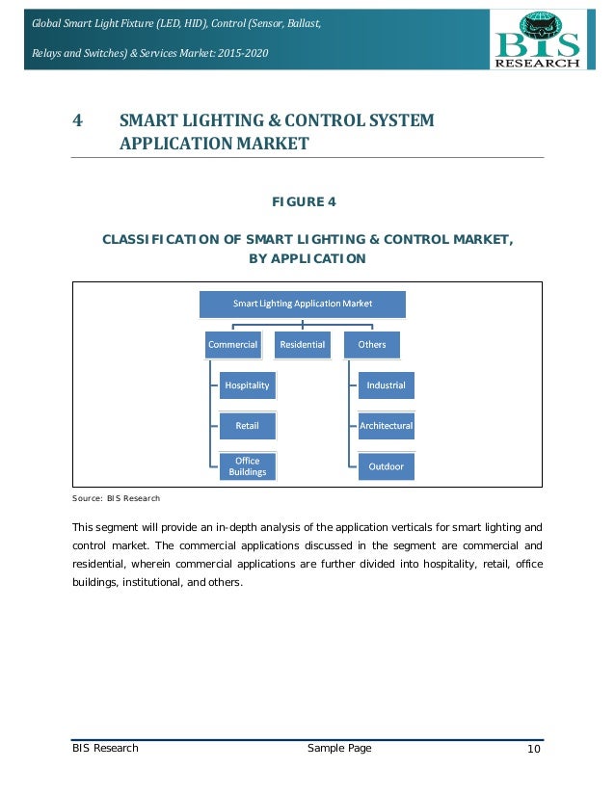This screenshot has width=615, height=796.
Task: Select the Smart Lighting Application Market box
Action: (303, 305)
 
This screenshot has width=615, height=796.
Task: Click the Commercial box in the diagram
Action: (232, 344)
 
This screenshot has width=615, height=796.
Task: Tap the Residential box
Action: (303, 344)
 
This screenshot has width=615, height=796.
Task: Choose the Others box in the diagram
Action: (372, 344)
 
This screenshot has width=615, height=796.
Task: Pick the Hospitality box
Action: (247, 385)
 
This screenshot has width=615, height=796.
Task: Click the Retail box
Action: (247, 425)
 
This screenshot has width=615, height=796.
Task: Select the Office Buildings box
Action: (247, 466)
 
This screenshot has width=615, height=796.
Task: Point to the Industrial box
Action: (386, 385)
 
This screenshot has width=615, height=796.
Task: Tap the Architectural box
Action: (386, 425)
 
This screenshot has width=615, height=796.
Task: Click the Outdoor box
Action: (386, 467)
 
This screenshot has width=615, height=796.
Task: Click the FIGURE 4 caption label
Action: (307, 201)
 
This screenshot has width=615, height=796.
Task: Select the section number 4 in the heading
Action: (77, 121)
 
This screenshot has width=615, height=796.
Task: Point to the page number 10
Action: (534, 750)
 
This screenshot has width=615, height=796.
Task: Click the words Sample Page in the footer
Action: (338, 749)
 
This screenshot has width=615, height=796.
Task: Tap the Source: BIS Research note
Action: (116, 499)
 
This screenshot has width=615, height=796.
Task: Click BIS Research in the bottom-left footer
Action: (105, 749)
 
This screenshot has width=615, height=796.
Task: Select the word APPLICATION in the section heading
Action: (167, 145)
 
